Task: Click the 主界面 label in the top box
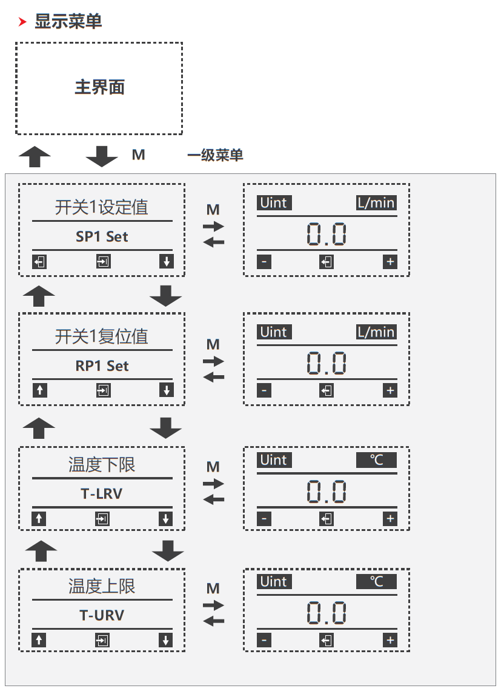(99, 87)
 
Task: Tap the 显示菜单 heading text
(68, 21)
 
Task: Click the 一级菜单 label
(215, 155)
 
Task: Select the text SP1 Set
(102, 236)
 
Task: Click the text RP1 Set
(102, 365)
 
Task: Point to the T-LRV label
(102, 493)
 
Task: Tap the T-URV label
(102, 615)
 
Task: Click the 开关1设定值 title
(102, 207)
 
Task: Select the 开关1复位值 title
(102, 336)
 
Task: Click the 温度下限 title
(102, 465)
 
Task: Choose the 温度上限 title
(102, 586)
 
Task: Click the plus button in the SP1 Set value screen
(390, 262)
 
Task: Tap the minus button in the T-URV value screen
(264, 640)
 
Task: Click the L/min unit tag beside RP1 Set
(376, 332)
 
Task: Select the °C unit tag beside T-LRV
(376, 460)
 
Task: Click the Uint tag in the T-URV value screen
(274, 581)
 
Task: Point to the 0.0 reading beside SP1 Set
(327, 235)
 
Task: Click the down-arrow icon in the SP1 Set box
(166, 262)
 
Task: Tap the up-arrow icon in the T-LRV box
(39, 519)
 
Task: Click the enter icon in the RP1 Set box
(103, 390)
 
